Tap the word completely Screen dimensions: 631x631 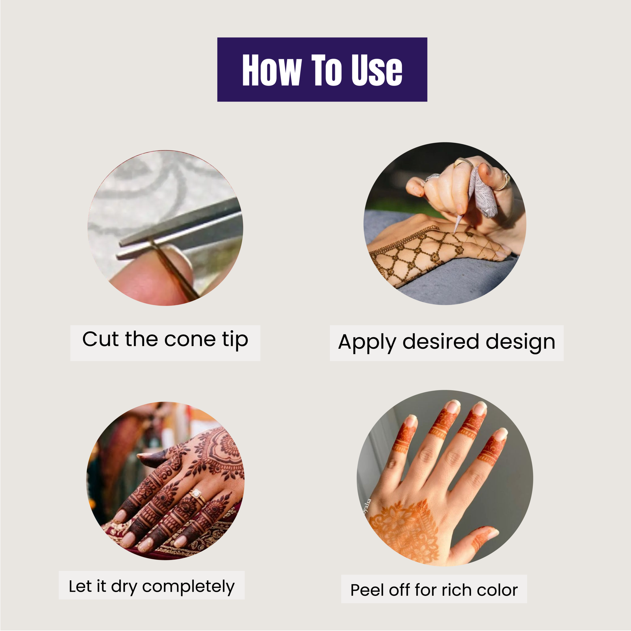[x=189, y=587]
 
